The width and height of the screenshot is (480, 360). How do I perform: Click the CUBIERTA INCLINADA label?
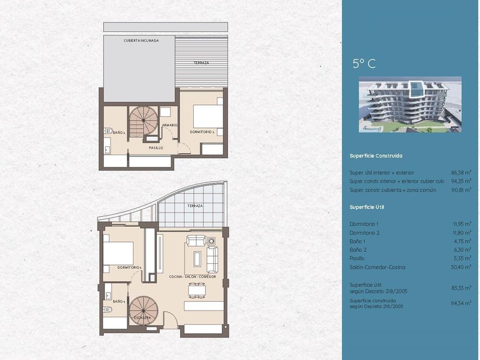point(141,41)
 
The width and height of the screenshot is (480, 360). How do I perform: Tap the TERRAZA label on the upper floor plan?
point(201,63)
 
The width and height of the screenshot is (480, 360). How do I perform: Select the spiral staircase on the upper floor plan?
point(145,121)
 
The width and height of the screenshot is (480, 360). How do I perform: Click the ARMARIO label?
point(169,125)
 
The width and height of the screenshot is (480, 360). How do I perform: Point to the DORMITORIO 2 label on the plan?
point(202,132)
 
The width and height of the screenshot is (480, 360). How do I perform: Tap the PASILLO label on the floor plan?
point(156,148)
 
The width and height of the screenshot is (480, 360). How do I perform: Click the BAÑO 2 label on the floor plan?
point(119,132)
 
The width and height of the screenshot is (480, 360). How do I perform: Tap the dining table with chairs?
point(199,290)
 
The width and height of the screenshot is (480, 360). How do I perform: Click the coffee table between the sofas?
point(199,257)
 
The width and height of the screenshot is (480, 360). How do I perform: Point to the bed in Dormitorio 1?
point(119,254)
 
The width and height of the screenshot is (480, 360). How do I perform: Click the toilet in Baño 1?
point(107,309)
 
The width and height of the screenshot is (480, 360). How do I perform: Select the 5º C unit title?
point(364,63)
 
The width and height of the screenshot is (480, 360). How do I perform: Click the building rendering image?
point(409,106)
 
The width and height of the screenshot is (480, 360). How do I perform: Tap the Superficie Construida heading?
point(376,156)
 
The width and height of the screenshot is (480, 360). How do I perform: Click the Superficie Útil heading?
point(368,206)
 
